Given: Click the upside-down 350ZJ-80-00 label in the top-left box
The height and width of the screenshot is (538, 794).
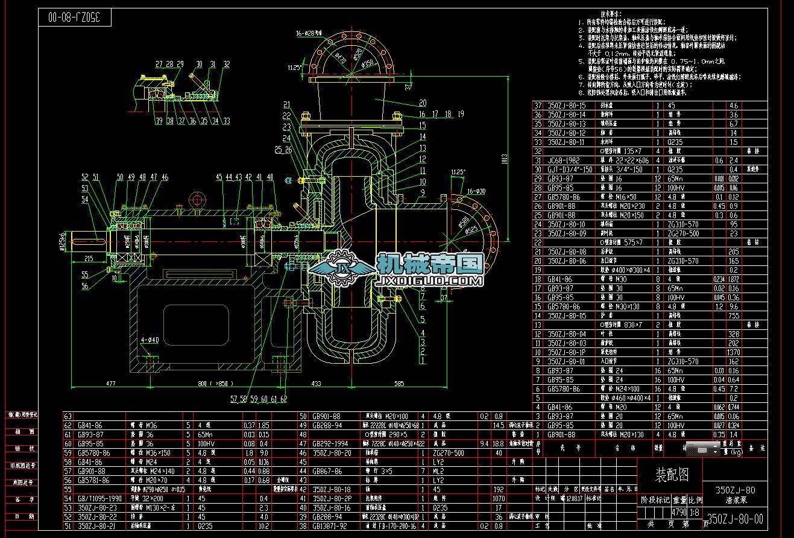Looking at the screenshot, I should tap(80, 17).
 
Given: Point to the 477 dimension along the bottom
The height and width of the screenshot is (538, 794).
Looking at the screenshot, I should tap(110, 383).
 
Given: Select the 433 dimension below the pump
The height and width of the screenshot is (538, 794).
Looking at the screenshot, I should tap(315, 383).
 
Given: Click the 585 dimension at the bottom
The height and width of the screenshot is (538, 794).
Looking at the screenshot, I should tap(399, 383).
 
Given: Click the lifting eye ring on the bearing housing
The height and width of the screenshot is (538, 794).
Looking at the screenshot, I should tap(197, 200).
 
